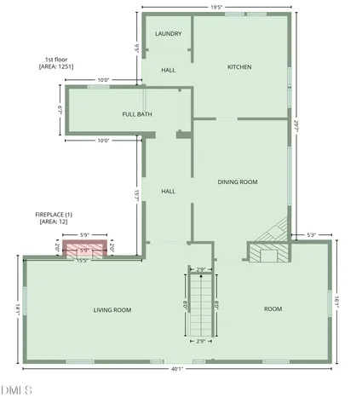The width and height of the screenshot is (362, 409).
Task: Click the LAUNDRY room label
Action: [167, 33]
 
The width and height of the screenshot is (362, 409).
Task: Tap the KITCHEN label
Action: [238, 66]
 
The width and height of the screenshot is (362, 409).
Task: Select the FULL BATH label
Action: [137, 113]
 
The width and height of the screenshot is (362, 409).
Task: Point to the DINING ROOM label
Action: [238, 181]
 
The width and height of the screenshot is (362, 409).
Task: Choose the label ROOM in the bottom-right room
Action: [273, 308]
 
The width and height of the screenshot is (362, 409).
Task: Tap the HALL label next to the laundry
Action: [169, 69]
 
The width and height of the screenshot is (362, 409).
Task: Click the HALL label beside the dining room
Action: [169, 191]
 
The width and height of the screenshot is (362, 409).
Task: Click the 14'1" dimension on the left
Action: [14, 310]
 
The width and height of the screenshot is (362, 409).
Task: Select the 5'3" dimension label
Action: [311, 235]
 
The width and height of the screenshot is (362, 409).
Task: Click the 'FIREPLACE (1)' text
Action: [54, 214]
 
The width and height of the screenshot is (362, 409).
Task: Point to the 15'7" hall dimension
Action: [136, 195]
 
